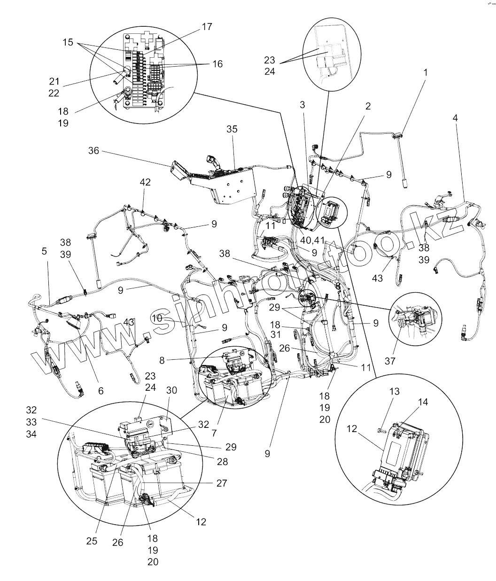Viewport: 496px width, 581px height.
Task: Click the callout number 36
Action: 94,150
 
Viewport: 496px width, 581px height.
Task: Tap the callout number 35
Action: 232,130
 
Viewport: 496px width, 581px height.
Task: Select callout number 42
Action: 145,183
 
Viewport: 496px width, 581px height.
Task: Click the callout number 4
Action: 455,118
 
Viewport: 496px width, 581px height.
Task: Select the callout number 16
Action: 217,64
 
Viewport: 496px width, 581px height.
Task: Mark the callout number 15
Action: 69,42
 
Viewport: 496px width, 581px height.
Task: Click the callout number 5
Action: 44,251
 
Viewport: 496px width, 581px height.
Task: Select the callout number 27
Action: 223,483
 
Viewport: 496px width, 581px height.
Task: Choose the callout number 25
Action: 92,541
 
